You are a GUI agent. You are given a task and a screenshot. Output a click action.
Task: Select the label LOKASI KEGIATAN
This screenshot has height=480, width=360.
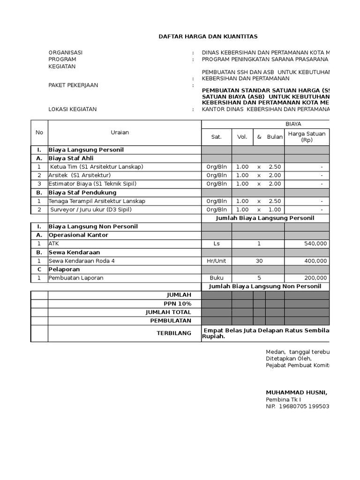click(73, 109)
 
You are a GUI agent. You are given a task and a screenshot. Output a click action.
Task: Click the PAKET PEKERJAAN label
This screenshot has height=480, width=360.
click(73, 85)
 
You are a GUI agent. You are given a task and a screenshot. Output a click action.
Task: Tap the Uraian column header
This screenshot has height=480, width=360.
click(120, 133)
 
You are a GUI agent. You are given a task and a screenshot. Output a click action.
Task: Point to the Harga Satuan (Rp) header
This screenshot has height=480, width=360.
click(307, 137)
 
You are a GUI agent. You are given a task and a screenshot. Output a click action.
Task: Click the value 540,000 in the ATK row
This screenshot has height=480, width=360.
click(315, 244)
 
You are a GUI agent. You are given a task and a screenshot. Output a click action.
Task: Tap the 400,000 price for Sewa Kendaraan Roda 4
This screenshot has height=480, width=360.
click(315, 261)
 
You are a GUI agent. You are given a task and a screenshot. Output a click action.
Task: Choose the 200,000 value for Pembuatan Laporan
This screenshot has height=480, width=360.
click(315, 278)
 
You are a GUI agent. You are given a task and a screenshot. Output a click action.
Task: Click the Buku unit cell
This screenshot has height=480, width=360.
click(217, 278)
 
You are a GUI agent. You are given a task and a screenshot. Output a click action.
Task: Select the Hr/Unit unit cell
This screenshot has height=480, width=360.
click(217, 261)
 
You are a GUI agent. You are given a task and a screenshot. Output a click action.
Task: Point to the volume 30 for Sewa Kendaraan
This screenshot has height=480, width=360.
click(259, 261)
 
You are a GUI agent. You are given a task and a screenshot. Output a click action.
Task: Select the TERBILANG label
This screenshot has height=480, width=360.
click(173, 333)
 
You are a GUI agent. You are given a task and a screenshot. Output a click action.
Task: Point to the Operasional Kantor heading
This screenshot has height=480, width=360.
click(78, 235)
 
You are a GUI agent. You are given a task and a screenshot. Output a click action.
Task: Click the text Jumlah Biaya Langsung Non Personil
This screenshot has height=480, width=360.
click(265, 286)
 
